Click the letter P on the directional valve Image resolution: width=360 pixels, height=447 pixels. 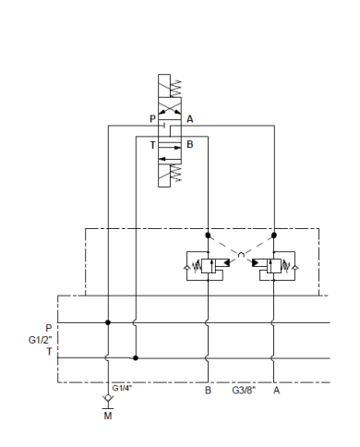[153, 119]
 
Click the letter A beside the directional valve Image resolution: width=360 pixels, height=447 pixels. [189, 119]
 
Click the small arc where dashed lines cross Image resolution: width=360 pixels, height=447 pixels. [242, 254]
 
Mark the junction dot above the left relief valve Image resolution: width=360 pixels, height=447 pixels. [208, 235]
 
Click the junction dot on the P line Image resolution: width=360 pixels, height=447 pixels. [109, 322]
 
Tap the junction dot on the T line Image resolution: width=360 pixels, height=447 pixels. [136, 357]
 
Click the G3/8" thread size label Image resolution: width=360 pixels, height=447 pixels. [244, 391]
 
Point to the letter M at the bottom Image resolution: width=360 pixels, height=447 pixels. [109, 417]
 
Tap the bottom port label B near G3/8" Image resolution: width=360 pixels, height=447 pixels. [208, 391]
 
